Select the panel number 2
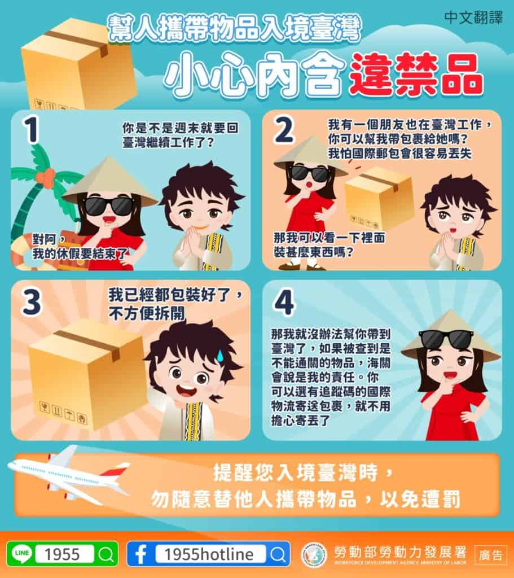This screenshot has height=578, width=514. point(284,131)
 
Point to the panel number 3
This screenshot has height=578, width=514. point(31,304)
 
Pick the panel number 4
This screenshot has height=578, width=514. point(284,304)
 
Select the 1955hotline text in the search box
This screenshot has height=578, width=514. point(209,554)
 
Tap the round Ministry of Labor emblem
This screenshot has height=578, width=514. point(314,554)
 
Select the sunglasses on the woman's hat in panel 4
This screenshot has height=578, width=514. point(446,339)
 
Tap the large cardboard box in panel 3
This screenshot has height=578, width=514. point(87,373)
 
